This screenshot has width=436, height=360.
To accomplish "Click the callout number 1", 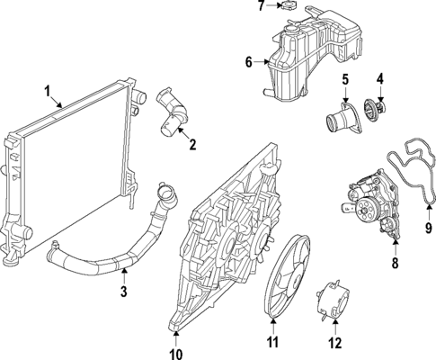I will [48, 90].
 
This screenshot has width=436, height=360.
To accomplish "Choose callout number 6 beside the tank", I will [249, 62].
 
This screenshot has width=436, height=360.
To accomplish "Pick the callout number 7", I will [260, 6].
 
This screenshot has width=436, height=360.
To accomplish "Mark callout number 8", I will [393, 265].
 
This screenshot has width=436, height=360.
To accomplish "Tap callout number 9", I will [427, 229].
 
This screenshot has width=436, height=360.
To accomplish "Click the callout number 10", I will [176, 342].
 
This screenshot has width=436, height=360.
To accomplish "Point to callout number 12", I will [335, 341].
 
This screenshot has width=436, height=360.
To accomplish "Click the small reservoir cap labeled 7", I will [287, 7].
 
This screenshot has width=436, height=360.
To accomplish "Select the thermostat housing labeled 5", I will [344, 121].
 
